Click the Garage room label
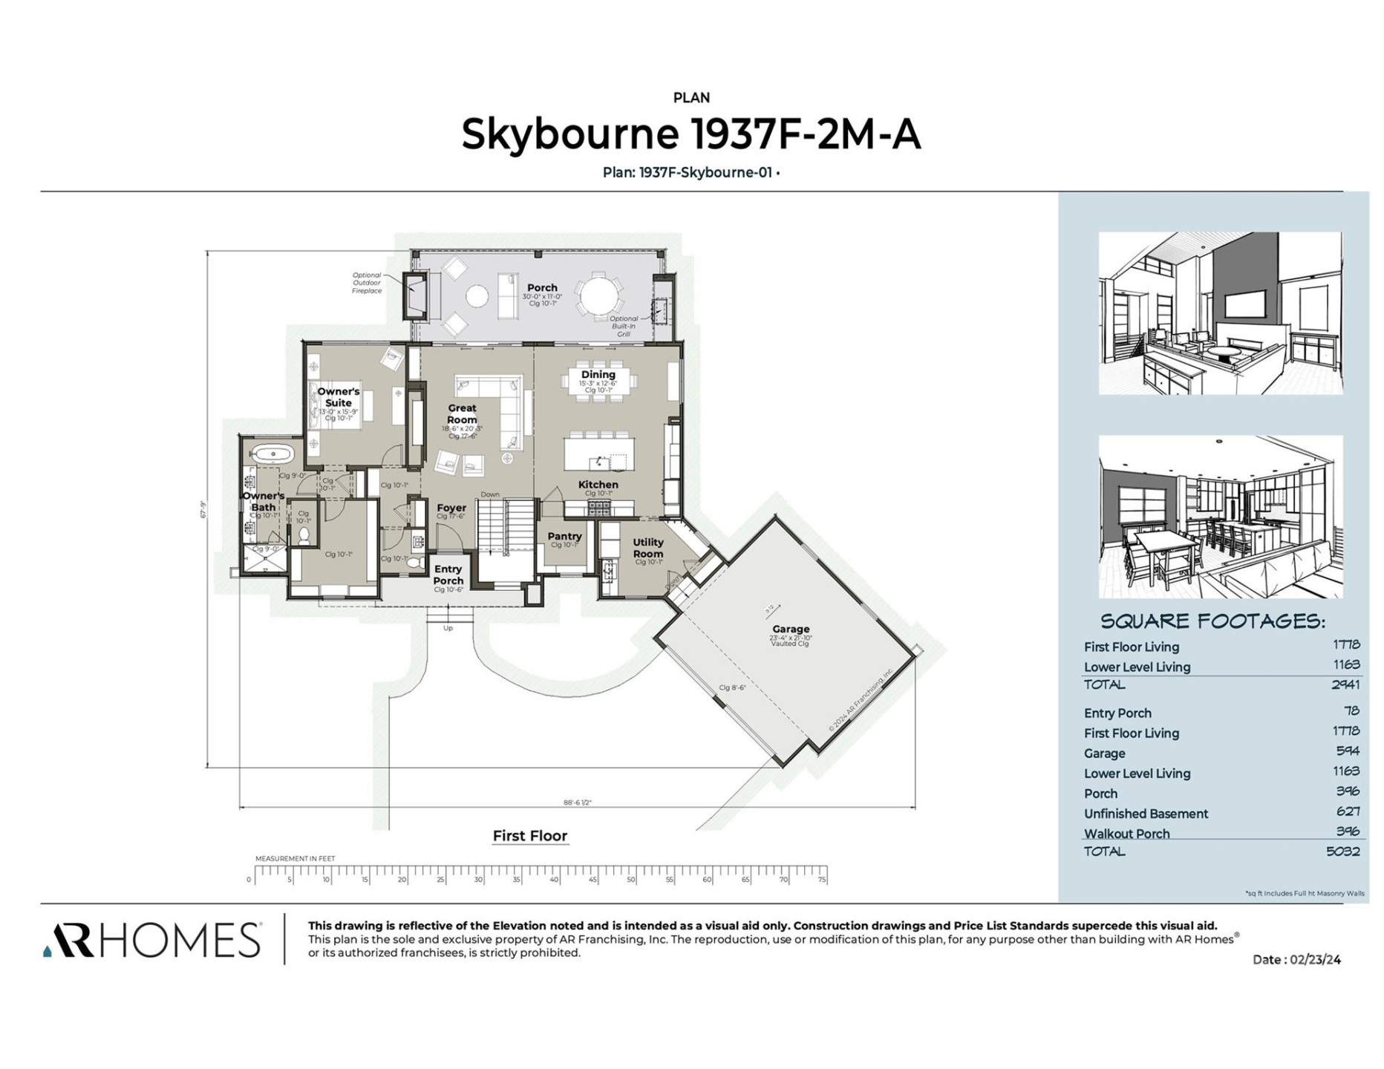pos(790,629)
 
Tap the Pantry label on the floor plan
pos(564,536)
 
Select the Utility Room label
pos(647,548)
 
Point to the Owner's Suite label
pos(338,397)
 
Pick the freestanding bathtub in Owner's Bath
pos(273,454)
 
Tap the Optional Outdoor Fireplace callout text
pos(367,283)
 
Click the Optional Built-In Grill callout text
pos(623,326)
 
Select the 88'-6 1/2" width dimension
pos(577,802)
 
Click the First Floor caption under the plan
pos(529,836)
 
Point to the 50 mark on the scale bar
pos(630,880)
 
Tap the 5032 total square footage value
pos(1342,851)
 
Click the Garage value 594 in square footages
pos(1347,751)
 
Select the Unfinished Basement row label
pos(1146,814)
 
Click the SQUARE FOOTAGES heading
pos(1212,621)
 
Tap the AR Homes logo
pos(152,940)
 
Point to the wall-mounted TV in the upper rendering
pos(1244,304)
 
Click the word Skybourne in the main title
pos(569,134)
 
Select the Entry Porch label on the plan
pos(448,575)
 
